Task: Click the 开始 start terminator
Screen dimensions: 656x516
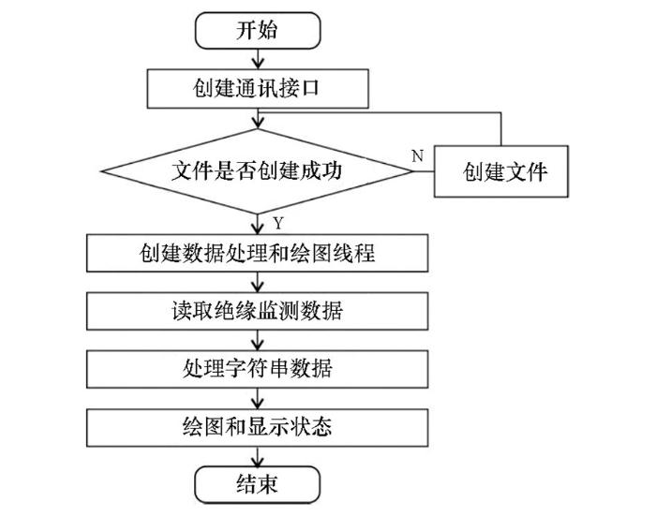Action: coord(258,31)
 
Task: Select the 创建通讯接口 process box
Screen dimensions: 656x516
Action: coord(258,89)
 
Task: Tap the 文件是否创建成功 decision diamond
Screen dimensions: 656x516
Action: coord(258,171)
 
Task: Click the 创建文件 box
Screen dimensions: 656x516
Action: coord(501,171)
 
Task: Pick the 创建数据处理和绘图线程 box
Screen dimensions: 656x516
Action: coord(258,253)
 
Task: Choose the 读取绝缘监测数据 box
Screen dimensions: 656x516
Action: coord(258,311)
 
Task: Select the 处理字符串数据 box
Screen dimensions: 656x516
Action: coord(258,369)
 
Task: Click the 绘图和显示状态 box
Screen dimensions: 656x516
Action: coord(258,427)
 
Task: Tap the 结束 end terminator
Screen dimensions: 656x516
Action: coord(258,485)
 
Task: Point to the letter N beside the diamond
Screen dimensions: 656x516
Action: coord(418,155)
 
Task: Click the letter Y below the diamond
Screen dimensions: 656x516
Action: coord(278,223)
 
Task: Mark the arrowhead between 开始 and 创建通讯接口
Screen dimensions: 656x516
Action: coord(258,64)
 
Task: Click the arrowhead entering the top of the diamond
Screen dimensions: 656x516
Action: coord(258,123)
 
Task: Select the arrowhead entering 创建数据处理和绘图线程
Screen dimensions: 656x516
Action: coord(258,229)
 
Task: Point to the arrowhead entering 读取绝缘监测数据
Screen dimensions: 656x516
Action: coord(258,287)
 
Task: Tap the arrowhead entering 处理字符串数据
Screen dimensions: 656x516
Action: coord(258,345)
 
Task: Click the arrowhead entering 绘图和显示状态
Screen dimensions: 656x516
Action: coord(258,403)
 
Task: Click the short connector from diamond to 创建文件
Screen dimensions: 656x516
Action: coord(424,171)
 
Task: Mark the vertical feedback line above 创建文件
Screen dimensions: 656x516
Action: coord(500,129)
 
